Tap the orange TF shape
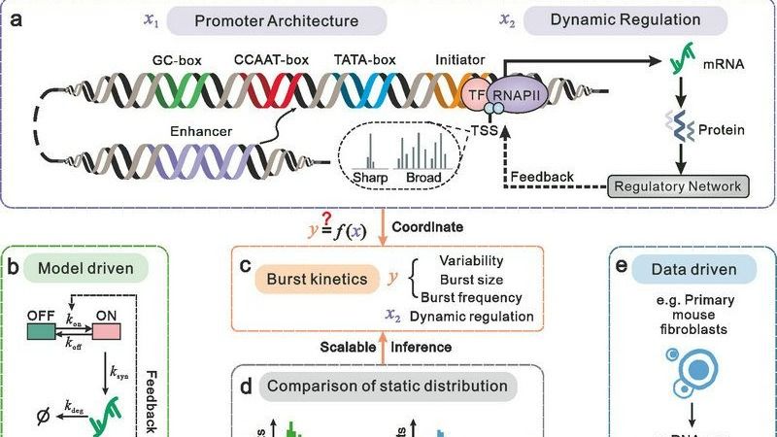[477, 96]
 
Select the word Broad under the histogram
[423, 179]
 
